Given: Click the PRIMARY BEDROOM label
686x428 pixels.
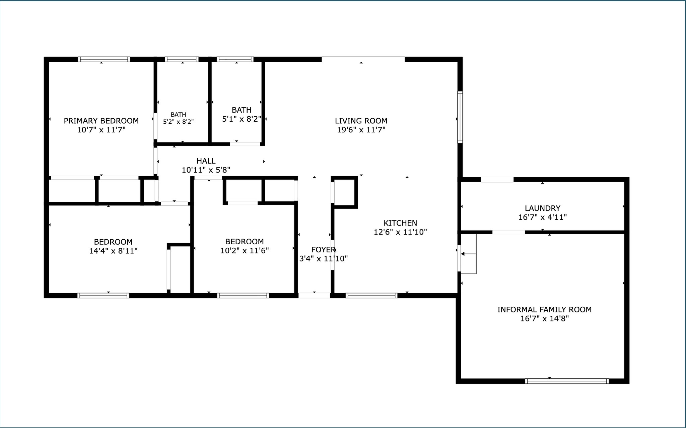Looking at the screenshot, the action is [x=101, y=121].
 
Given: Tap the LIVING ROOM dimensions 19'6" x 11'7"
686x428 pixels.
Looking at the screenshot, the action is [x=361, y=130].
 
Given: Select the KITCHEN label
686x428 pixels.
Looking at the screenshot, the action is [x=400, y=223].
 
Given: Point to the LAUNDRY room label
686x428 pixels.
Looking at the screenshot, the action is [x=543, y=208].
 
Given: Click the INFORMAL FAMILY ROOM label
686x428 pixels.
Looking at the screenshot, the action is [x=545, y=309].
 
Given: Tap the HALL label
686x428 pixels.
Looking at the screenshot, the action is [x=206, y=161].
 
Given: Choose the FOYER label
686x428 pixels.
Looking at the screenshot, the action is [x=323, y=249].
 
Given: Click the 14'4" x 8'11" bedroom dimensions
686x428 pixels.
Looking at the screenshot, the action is [x=113, y=251].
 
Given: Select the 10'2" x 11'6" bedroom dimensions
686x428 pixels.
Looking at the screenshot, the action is [x=245, y=250].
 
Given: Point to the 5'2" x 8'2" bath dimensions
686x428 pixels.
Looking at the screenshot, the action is [x=178, y=122].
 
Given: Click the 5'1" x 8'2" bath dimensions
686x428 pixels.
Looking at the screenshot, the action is [x=242, y=119].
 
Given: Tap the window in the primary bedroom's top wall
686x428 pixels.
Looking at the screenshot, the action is [x=104, y=59].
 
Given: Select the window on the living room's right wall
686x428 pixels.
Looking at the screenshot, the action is [x=460, y=117].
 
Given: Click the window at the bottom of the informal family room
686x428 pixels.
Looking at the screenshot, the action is [x=567, y=381].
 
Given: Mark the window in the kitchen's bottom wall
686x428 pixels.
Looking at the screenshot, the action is [x=371, y=296].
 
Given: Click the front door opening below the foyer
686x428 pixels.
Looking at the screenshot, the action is [x=314, y=296].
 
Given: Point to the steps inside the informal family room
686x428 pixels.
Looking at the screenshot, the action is [x=469, y=254].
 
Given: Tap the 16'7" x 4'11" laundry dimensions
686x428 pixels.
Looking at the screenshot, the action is [x=543, y=217].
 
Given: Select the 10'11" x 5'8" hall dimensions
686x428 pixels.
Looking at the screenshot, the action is [x=206, y=170].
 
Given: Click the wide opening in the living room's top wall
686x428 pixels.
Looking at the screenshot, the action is [x=363, y=59].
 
